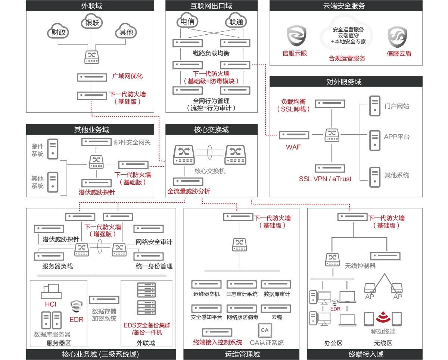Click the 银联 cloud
tap(92, 23)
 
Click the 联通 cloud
tap(236, 22)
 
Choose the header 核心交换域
tap(211, 130)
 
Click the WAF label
tap(293, 147)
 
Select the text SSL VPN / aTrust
tap(325, 179)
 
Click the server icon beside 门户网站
tap(374, 106)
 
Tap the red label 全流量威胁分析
tap(189, 191)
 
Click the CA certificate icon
tap(265, 331)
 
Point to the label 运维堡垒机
tap(206, 294)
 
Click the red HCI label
tap(50, 304)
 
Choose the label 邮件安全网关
tap(133, 142)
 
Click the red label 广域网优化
tap(127, 76)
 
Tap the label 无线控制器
tap(360, 266)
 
